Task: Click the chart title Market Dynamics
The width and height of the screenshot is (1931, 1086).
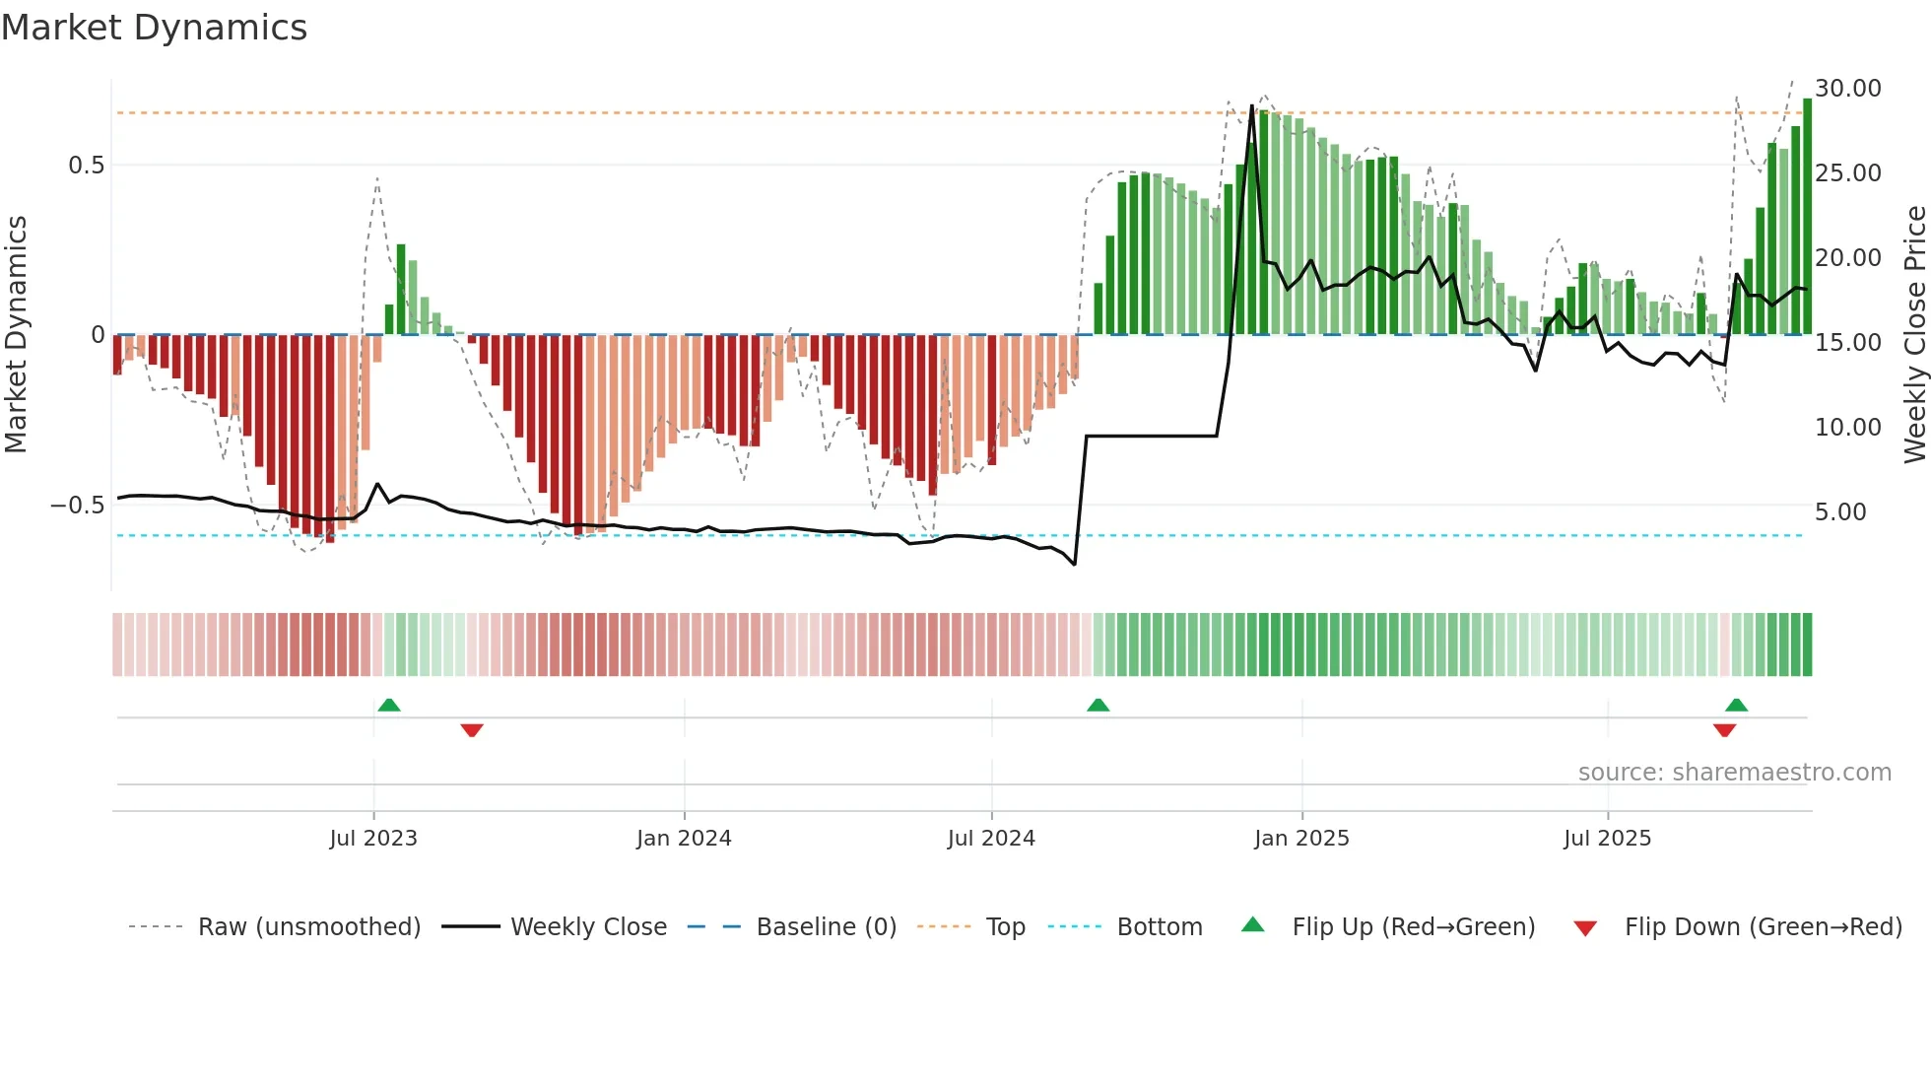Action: tap(154, 28)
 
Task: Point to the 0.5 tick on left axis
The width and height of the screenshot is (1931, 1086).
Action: tap(86, 166)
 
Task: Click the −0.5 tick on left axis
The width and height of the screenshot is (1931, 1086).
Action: tap(78, 506)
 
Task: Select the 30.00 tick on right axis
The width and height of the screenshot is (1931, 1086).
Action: tap(1848, 89)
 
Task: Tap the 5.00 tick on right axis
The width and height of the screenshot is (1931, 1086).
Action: tap(1840, 512)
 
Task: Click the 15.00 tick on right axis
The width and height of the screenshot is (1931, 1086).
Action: tap(1848, 343)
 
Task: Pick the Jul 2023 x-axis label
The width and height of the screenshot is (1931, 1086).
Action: tap(373, 839)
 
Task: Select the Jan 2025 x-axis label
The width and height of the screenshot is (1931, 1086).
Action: tap(1301, 839)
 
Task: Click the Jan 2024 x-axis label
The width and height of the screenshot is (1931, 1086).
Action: tap(684, 839)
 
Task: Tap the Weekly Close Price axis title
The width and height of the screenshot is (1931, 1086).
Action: tap(1914, 334)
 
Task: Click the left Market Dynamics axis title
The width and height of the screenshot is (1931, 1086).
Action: tap(17, 334)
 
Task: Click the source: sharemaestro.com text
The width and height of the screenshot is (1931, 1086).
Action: tap(1734, 773)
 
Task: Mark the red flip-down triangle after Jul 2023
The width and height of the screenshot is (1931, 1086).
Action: tap(472, 730)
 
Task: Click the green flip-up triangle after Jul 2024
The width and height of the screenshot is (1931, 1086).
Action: tap(1098, 705)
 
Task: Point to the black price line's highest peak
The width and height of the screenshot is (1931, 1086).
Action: tap(1252, 105)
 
